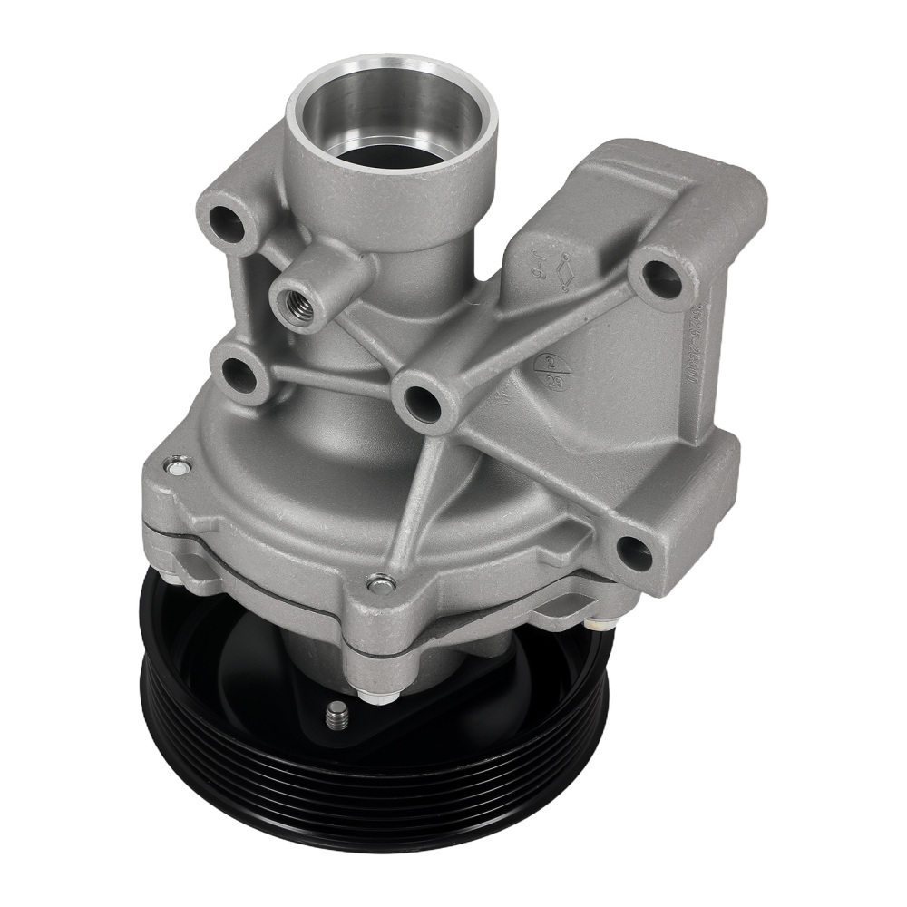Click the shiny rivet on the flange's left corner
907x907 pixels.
coord(175,468)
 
